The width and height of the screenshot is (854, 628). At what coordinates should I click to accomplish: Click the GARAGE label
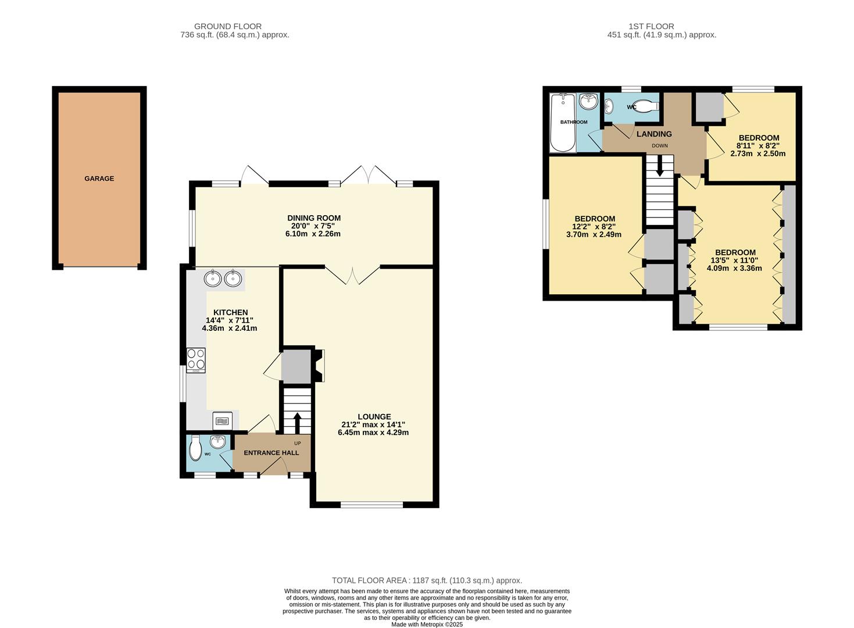(99, 179)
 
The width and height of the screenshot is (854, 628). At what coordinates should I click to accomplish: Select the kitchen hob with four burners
(196, 360)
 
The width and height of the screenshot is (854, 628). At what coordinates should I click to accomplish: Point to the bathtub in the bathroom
(562, 123)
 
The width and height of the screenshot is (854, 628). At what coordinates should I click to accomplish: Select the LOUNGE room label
(374, 416)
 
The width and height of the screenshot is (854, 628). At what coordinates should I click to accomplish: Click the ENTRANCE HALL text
(271, 452)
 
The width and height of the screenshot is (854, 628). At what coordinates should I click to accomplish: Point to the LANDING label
(654, 134)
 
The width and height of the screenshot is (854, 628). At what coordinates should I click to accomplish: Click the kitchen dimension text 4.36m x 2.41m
(229, 328)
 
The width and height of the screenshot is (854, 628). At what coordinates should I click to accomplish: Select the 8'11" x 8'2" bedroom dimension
(758, 146)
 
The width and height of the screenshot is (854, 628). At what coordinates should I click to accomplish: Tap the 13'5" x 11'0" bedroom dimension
(734, 261)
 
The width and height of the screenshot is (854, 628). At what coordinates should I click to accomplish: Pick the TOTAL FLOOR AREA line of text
(427, 580)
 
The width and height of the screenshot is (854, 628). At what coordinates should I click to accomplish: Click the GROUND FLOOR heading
(227, 26)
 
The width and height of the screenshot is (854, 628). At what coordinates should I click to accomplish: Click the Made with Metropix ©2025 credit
(427, 625)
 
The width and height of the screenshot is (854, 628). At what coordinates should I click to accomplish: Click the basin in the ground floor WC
(219, 443)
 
